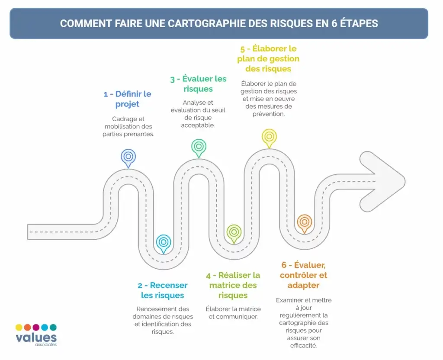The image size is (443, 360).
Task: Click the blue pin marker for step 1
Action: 128,157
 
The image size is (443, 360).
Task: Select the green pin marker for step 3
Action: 199,148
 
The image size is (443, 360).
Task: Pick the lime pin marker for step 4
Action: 234,233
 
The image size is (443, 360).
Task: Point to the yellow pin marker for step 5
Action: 269,138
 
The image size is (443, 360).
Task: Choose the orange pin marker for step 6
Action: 304,223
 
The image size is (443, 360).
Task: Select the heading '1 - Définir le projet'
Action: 128,99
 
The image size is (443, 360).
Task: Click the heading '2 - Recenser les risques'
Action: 163,290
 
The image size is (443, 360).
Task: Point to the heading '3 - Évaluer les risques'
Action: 198,84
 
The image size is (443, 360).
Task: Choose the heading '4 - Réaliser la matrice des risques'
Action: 233,285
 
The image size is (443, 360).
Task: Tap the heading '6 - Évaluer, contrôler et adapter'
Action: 303,275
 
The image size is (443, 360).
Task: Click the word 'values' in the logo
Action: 36,337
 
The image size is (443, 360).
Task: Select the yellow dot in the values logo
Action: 19,327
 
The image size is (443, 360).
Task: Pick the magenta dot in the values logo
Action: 36,327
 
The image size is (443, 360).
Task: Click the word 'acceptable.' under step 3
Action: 198,125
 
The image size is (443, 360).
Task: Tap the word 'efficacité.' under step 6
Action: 304,345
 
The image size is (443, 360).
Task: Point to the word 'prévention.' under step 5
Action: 269,114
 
